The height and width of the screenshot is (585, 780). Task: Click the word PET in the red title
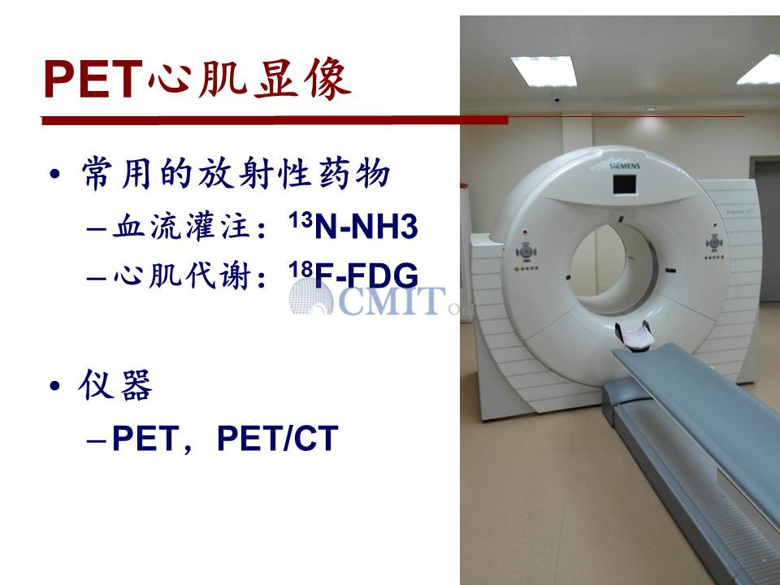pos(93,79)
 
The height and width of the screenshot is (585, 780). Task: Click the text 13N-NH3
pos(353,226)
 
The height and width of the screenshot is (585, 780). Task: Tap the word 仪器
pos(115,384)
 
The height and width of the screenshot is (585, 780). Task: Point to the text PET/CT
pos(278,438)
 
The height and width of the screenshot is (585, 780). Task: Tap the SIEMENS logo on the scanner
pos(624,166)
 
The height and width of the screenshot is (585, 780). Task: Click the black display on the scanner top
pos(624,184)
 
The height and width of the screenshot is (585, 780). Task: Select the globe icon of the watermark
pos(311,297)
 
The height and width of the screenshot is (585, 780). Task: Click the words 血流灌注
pos(181,227)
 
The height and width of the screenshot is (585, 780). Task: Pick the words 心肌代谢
pos(181,275)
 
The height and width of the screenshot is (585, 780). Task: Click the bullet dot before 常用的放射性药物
pos(54,174)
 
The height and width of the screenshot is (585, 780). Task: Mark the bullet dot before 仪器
pos(54,385)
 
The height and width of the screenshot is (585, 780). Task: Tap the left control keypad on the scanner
pos(526,252)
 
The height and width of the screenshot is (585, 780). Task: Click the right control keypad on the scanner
pos(714,243)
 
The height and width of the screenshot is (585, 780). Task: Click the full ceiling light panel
pos(544,71)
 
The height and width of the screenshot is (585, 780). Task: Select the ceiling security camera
pos(556,99)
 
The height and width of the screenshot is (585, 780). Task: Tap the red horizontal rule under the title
pos(275,120)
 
